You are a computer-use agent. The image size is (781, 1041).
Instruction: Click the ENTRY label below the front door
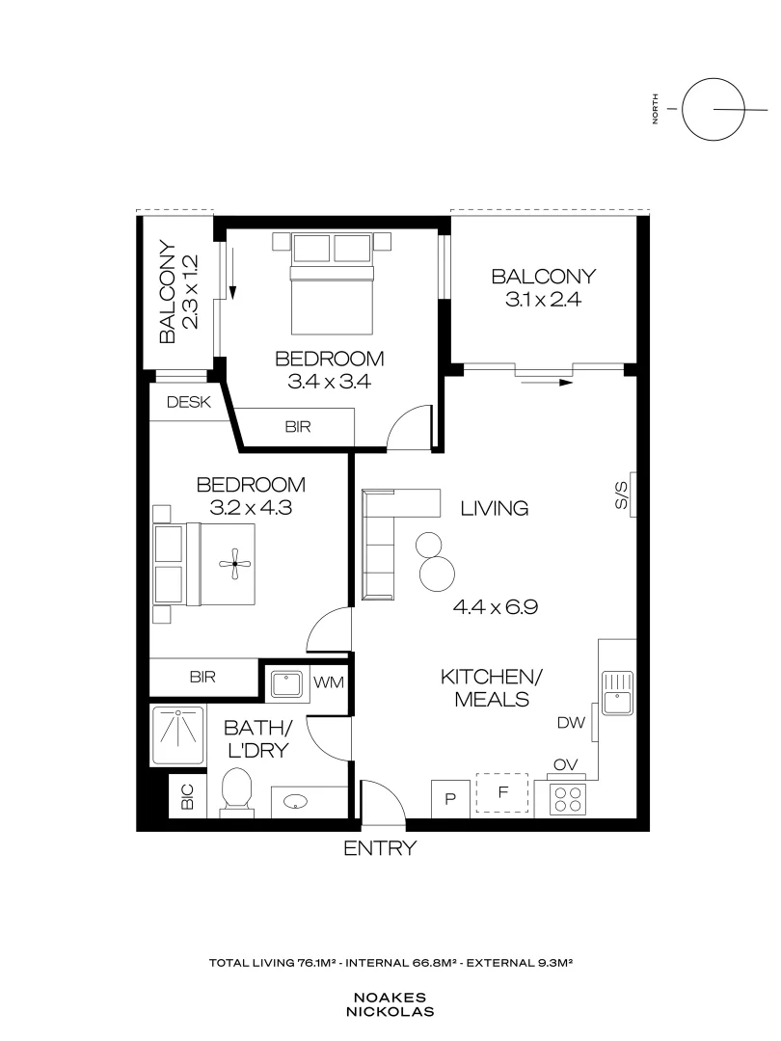pos(380,848)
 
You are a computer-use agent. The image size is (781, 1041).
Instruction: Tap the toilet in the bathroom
pos(235,792)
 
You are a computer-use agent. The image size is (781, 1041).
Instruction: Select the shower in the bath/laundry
pos(178,734)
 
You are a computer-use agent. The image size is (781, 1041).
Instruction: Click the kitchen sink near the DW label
pos(615,691)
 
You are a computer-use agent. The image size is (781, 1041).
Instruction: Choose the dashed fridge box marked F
pos(502,794)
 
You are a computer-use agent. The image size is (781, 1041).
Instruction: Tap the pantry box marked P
pos(449,797)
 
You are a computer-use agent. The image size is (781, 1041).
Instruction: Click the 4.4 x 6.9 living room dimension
pos(495,607)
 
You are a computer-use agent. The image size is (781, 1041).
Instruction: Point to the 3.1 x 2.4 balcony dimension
pos(543,300)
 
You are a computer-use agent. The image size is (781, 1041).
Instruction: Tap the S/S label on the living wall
pos(623,495)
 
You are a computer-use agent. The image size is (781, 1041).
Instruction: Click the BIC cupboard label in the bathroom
pos(187,797)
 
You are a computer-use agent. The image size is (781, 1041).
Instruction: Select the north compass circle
pos(713,108)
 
